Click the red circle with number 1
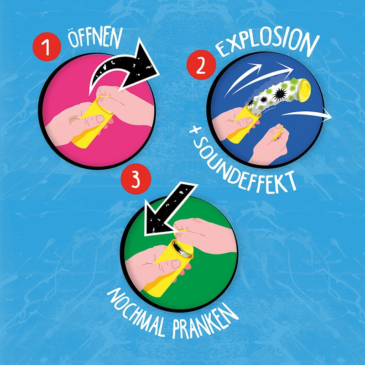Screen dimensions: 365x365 coord(47,47)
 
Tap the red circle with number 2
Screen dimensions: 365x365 coord(201,65)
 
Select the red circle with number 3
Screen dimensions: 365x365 coord(136,179)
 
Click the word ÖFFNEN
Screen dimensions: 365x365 coord(95,39)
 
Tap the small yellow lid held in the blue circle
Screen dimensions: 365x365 coord(278,133)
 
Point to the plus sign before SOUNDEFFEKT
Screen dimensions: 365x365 coord(194,130)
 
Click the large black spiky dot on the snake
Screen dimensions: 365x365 coord(280,94)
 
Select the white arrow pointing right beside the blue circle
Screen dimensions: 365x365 coord(307,114)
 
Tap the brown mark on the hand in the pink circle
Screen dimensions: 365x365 coord(74,119)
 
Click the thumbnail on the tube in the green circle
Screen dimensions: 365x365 coord(176,264)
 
